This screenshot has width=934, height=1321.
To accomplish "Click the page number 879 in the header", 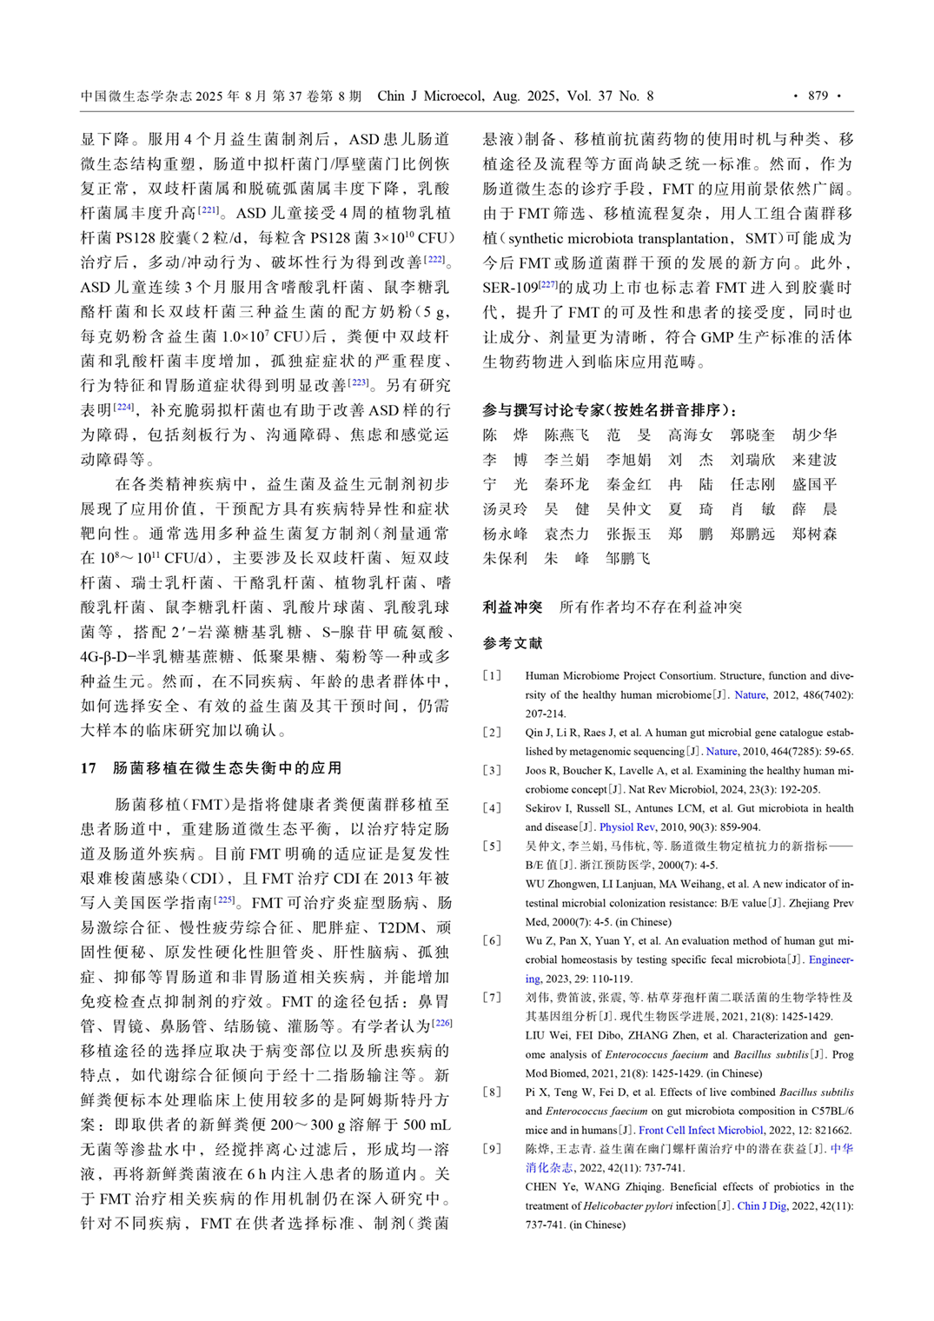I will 818,96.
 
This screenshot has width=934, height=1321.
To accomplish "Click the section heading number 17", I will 89,768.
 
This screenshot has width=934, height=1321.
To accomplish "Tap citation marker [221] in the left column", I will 209,209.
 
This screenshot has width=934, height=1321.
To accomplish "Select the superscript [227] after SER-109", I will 548,284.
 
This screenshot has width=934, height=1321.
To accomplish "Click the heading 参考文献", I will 513,643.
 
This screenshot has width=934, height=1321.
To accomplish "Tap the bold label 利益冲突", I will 513,607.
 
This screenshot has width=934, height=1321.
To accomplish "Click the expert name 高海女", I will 690,435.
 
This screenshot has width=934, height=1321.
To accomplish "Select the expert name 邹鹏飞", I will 628,559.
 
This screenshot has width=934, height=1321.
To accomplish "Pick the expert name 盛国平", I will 814,484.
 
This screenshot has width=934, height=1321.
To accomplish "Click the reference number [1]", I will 493,675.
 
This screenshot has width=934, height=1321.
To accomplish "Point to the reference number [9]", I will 493,1149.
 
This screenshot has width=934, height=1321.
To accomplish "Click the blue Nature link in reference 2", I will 721,751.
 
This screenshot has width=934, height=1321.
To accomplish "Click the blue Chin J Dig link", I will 761,1205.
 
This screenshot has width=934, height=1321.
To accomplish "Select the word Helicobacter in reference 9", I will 615,1205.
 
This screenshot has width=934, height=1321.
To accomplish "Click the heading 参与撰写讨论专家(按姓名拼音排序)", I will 610,410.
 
